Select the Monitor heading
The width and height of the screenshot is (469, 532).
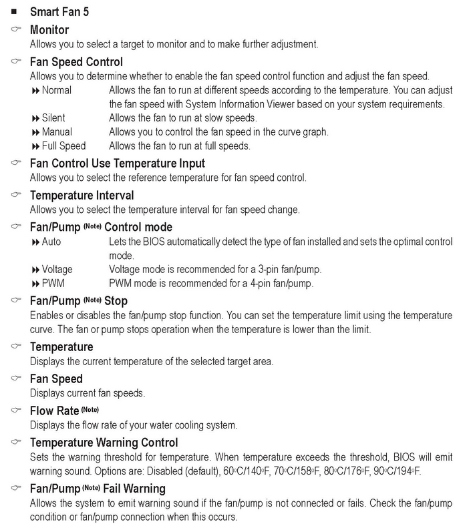point(49,30)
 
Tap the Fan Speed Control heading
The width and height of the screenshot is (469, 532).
point(77,62)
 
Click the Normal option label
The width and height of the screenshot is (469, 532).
point(57,90)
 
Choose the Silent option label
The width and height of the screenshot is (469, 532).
point(53,118)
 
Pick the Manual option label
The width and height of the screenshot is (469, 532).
point(57,132)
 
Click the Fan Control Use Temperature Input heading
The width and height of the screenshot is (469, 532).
point(118,164)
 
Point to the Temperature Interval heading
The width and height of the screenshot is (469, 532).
point(82,196)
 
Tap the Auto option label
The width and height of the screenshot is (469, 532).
point(51,242)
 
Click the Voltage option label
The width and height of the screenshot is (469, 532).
point(57,270)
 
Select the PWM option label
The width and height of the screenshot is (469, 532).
point(52,284)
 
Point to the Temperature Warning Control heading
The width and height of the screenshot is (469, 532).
point(104,443)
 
